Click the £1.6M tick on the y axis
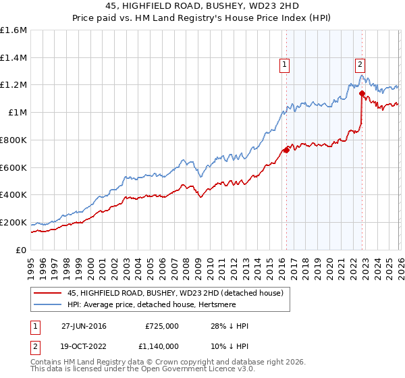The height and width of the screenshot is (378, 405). point(13,30)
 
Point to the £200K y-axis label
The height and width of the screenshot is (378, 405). point(13,222)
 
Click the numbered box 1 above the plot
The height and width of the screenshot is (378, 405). point(285,65)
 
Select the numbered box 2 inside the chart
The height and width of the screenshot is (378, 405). point(360,65)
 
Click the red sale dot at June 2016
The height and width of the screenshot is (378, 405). point(286,150)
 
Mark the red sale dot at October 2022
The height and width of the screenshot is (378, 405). point(362,93)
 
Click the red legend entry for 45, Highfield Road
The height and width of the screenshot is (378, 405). point(179,293)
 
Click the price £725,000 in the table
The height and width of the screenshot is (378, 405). point(161,326)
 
